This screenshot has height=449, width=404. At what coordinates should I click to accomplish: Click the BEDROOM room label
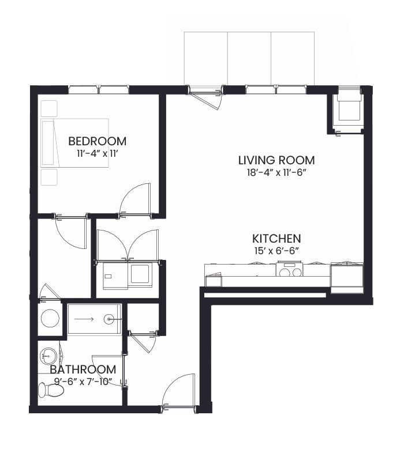[x=97, y=141]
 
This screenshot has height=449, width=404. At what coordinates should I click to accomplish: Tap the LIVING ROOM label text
[x=276, y=160]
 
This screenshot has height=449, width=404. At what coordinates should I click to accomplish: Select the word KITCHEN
[x=276, y=239]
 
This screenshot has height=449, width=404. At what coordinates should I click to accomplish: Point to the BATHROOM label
[x=83, y=369]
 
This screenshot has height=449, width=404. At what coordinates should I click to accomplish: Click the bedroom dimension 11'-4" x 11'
[x=97, y=154]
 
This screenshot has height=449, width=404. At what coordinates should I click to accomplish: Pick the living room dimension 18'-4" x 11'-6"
[x=276, y=172]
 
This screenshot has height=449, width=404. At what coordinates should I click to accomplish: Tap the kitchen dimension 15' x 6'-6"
[x=276, y=251]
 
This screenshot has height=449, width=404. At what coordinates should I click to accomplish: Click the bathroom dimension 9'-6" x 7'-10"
[x=83, y=382]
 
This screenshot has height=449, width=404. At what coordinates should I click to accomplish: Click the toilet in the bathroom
[x=51, y=390]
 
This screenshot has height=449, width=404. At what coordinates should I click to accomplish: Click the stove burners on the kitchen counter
[x=289, y=272]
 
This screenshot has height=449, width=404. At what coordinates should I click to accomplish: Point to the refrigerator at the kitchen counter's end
[x=347, y=278]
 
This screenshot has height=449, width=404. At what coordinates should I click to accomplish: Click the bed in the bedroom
[x=74, y=143]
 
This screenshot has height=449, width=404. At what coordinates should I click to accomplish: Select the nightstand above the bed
[x=48, y=108]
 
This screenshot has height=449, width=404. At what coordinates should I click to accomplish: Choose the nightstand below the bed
[x=48, y=177]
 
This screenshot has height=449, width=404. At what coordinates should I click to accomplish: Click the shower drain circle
[x=109, y=319]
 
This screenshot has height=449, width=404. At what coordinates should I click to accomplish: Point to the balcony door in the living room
[x=205, y=97]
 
